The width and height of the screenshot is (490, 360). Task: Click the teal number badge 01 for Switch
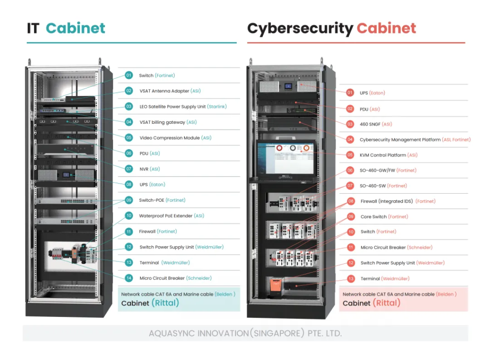coord(129,75)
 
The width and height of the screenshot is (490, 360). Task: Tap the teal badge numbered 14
coord(129,278)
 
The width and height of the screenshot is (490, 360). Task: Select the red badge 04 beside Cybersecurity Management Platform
coord(350,139)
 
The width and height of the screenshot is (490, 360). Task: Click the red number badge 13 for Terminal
coord(351,279)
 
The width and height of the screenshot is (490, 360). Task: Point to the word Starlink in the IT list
coord(217,107)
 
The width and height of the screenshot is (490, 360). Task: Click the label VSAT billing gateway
coord(162,122)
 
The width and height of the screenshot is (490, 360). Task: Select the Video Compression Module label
coord(169,138)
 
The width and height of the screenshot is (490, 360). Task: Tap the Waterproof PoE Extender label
coord(166,216)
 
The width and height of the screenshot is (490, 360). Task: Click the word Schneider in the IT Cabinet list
coord(199,278)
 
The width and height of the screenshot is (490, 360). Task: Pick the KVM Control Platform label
coord(383,155)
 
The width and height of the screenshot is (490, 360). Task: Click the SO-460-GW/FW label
coord(377,170)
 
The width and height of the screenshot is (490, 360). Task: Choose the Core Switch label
coord(373,217)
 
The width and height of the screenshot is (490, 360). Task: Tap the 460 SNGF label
coord(370,124)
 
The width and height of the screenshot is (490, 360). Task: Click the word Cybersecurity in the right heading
coord(300,29)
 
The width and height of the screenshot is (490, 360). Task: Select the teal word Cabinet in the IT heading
coord(75,28)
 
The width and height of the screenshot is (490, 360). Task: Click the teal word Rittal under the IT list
coord(165,303)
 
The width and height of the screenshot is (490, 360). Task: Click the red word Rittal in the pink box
coord(387,303)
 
